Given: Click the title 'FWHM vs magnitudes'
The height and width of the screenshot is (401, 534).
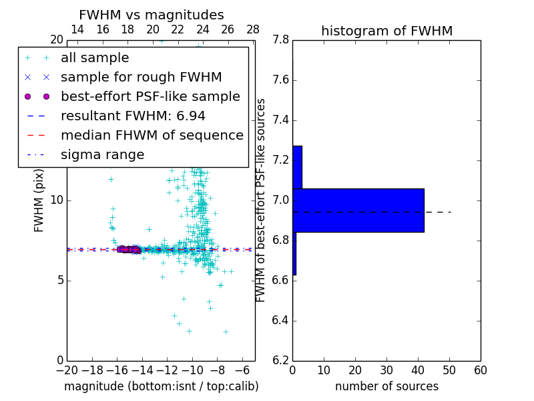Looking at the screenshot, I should (152, 15).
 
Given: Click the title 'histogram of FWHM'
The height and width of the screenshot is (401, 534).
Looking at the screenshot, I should (386, 31).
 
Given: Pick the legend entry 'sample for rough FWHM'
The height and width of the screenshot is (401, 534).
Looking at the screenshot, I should (141, 78).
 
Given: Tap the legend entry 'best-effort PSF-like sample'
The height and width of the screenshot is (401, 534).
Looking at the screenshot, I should (150, 96).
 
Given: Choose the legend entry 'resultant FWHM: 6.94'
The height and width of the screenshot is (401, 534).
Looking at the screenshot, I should (133, 116).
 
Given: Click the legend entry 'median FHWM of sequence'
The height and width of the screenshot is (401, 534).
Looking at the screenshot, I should (152, 135).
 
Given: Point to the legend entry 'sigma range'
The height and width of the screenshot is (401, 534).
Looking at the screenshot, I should (102, 154).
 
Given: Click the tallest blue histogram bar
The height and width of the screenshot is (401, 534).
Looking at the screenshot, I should (358, 210).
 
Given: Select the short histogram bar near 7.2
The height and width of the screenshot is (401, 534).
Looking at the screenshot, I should (297, 167).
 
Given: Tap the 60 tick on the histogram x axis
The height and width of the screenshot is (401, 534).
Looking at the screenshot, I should (480, 370).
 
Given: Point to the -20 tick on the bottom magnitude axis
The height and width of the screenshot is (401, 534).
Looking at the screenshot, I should (67, 370).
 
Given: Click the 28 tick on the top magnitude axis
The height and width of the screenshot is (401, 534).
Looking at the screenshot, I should (253, 29).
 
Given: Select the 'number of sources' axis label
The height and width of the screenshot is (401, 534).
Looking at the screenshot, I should (386, 386).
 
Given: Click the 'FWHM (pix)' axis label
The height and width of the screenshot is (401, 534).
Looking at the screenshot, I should (39, 199).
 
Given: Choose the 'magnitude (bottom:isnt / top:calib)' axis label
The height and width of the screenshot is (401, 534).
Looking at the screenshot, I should (161, 386).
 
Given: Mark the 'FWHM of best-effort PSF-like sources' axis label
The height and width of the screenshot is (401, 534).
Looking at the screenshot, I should (261, 200).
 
